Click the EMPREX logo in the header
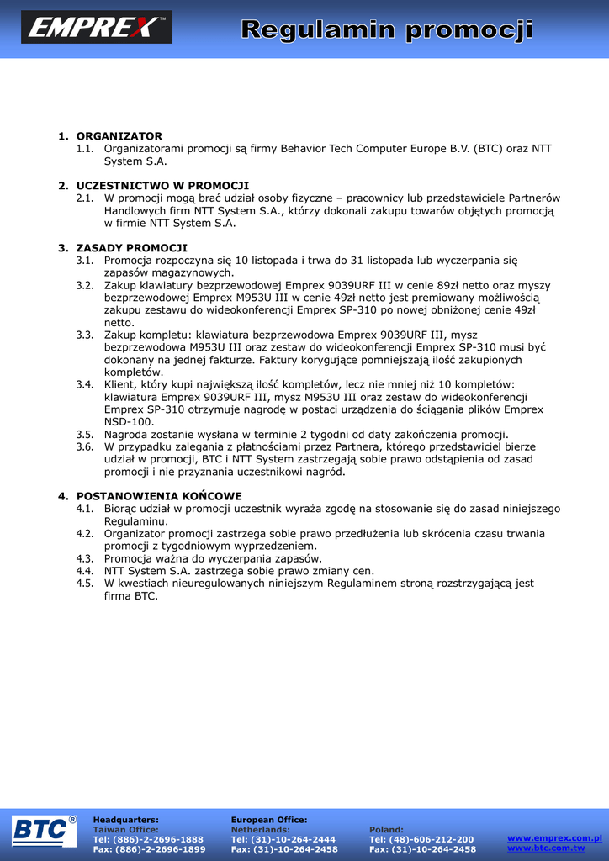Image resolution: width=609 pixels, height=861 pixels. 96,27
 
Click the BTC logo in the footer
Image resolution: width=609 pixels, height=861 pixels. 43,831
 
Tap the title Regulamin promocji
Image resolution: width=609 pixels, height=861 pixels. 387,31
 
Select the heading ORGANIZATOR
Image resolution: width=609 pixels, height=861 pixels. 119,136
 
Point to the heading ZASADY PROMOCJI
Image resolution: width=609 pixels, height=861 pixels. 131,248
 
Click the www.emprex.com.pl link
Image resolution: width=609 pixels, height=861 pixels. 554,837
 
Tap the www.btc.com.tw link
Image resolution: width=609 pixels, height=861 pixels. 546,848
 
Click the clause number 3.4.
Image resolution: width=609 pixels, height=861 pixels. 84,384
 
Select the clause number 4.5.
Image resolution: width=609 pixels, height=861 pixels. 84,583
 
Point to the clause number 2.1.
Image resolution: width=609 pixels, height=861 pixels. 84,198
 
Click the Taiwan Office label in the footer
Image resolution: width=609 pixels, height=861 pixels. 125,829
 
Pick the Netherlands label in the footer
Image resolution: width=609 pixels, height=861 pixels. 260,829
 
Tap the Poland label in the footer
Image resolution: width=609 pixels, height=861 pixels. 386,829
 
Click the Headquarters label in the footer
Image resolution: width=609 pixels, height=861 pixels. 125,819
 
